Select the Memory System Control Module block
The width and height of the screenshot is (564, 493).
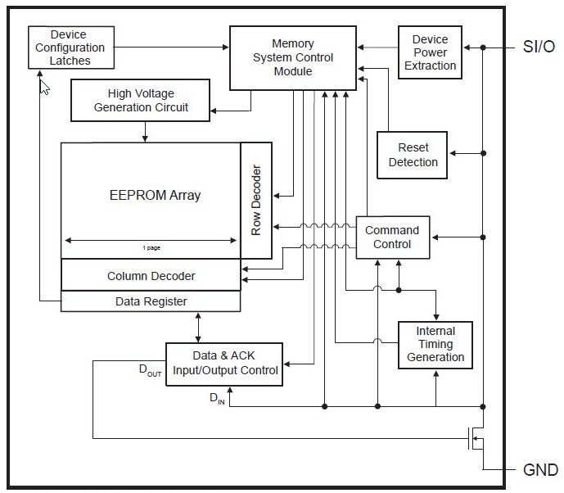point(292,57)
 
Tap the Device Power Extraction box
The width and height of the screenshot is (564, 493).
point(430,52)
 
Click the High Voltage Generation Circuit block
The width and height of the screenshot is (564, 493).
point(141,101)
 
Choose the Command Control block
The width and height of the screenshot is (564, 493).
point(391,237)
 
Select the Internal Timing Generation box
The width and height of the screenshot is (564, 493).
point(435,344)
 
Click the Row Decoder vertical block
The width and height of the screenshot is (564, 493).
point(255,201)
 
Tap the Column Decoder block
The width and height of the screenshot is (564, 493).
point(151,276)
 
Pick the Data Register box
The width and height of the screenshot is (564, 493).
point(151,301)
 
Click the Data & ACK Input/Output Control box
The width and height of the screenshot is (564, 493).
point(225,363)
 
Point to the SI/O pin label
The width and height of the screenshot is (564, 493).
point(539,47)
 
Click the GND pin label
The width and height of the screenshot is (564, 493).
point(540,470)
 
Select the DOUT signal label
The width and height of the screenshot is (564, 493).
point(151,372)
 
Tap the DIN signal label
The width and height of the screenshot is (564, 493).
point(217,399)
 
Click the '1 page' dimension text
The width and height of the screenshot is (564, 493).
point(151,247)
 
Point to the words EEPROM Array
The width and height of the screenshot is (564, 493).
point(155,195)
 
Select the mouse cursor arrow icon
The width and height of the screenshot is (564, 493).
point(44,87)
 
